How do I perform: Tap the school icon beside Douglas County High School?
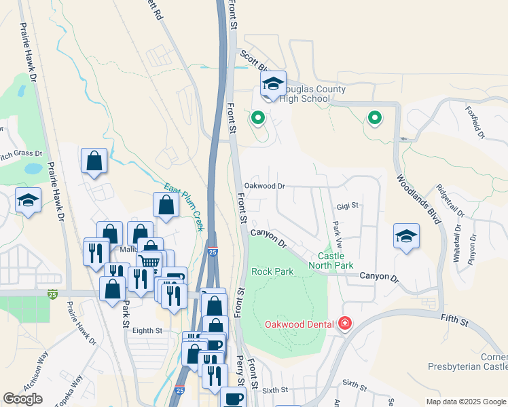[x=273, y=84]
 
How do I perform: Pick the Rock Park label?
[x=272, y=271]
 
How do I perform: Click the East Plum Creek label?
[x=185, y=207]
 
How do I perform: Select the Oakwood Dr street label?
[x=264, y=185]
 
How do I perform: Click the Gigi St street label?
[x=347, y=205]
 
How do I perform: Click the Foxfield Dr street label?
[x=474, y=122]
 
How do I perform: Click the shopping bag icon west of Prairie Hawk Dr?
[x=94, y=161]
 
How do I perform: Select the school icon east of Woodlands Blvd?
[x=406, y=236]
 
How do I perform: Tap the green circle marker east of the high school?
[x=375, y=119]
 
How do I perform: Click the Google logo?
[x=22, y=399]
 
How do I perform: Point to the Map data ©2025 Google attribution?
[x=465, y=402]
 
